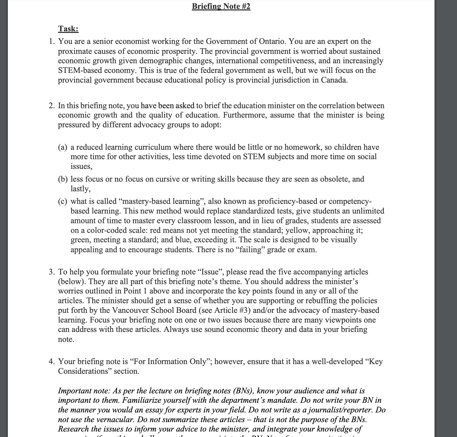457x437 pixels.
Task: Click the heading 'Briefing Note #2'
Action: tap(221, 6)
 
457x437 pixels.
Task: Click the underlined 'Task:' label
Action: tap(68, 28)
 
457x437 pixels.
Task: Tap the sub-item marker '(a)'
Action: tap(62, 147)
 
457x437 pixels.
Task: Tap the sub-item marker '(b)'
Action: tap(63, 179)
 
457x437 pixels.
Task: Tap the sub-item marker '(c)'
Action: tap(62, 202)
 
